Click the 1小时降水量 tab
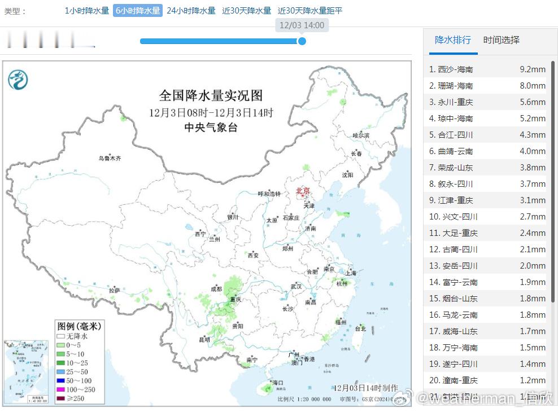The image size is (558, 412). click(x=86, y=11)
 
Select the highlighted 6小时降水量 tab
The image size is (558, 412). click(x=138, y=11)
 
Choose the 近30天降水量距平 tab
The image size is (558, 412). click(x=310, y=11)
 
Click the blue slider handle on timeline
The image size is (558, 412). click(x=302, y=41)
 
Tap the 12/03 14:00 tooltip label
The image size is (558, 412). click(x=302, y=25)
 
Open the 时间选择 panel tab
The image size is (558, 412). click(x=501, y=40)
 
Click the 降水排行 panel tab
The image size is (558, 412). click(x=452, y=40)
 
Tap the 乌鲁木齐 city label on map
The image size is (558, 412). click(x=110, y=159)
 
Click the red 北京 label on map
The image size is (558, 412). click(x=303, y=191)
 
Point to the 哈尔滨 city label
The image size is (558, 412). click(x=360, y=135)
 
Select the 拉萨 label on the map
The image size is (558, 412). click(x=115, y=290)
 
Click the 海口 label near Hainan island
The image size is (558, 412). click(x=277, y=383)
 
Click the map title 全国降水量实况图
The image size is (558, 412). click(x=211, y=95)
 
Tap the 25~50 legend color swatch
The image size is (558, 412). click(x=60, y=372)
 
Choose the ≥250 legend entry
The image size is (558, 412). click(x=74, y=399)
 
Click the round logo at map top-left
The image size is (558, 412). click(x=18, y=80)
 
